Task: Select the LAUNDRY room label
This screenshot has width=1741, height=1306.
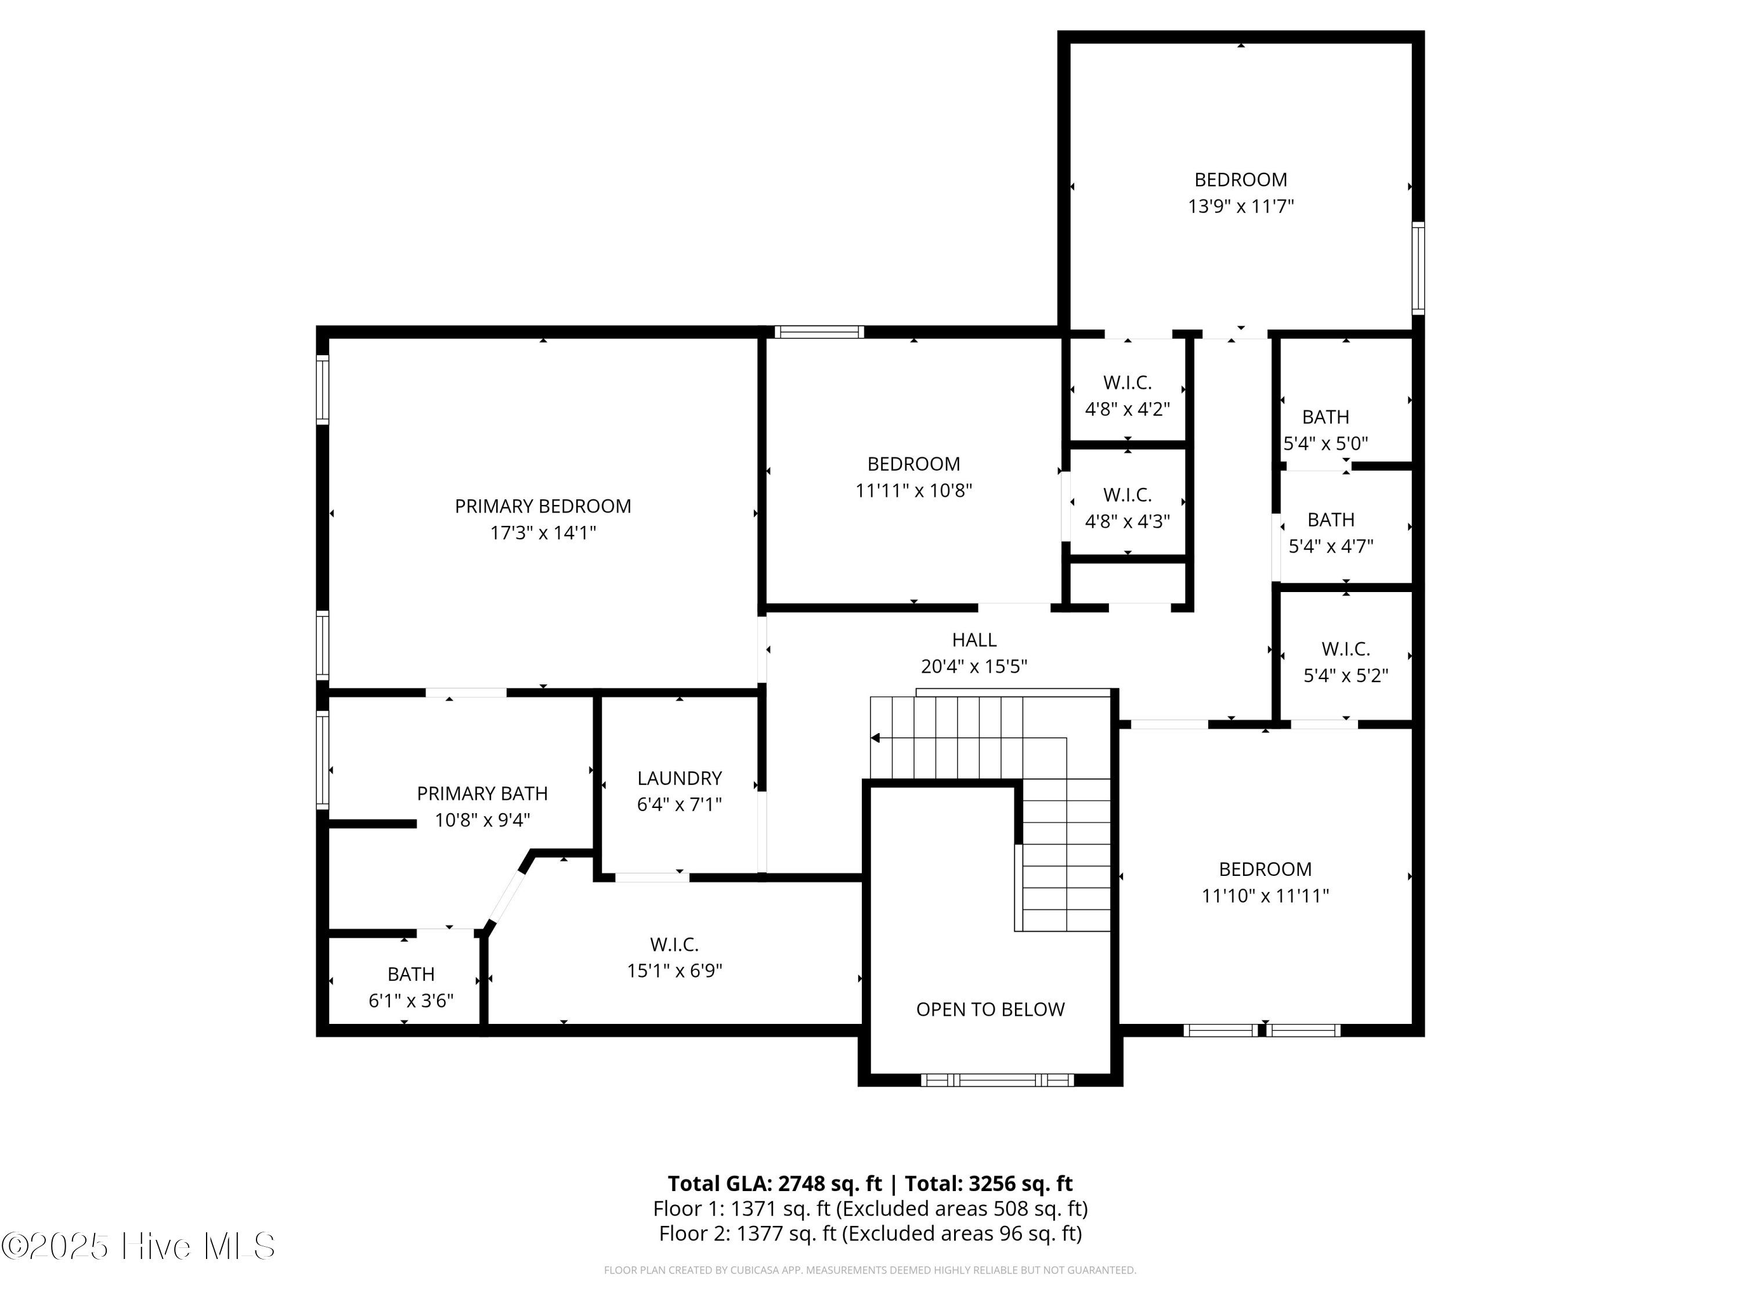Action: pyautogui.click(x=679, y=778)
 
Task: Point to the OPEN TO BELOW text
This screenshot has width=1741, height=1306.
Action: pyautogui.click(x=990, y=1009)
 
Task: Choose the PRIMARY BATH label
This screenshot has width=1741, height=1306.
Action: pyautogui.click(x=482, y=793)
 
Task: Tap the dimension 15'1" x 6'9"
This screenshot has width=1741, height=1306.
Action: pyautogui.click(x=674, y=971)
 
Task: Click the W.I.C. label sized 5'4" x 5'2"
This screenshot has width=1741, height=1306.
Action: pyautogui.click(x=1345, y=649)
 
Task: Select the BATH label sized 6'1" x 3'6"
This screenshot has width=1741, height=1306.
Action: pyautogui.click(x=411, y=974)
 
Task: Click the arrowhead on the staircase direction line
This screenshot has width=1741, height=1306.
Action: pyautogui.click(x=875, y=738)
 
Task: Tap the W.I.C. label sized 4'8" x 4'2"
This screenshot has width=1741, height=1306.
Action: pyautogui.click(x=1127, y=383)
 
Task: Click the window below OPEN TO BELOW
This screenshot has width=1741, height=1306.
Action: pyautogui.click(x=996, y=1080)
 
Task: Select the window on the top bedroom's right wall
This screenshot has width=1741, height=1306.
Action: pyautogui.click(x=1418, y=268)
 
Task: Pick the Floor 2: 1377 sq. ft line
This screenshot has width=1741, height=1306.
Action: pyautogui.click(x=870, y=1233)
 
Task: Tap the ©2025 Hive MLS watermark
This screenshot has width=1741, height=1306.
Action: pyautogui.click(x=138, y=1246)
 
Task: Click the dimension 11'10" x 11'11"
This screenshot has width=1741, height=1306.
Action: pyautogui.click(x=1265, y=895)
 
